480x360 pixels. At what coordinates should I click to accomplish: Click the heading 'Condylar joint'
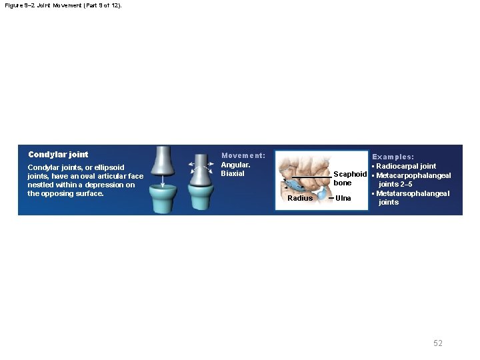(x=58, y=155)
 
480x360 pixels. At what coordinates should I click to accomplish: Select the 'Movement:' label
(x=243, y=155)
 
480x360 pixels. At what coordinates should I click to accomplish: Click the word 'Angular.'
(x=235, y=164)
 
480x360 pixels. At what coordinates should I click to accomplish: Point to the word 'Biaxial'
(x=233, y=173)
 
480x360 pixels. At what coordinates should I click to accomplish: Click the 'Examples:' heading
(x=393, y=157)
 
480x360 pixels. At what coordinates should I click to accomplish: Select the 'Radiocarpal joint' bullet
(x=406, y=166)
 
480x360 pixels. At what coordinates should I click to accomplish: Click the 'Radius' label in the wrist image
(x=299, y=198)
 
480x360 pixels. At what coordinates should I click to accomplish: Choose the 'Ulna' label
(x=343, y=198)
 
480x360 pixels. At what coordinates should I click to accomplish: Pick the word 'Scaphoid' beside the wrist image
(x=350, y=174)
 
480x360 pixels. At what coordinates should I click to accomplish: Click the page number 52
(x=437, y=343)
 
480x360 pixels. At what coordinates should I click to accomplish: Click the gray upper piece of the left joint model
(x=163, y=160)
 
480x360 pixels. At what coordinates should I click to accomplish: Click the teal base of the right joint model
(x=200, y=198)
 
